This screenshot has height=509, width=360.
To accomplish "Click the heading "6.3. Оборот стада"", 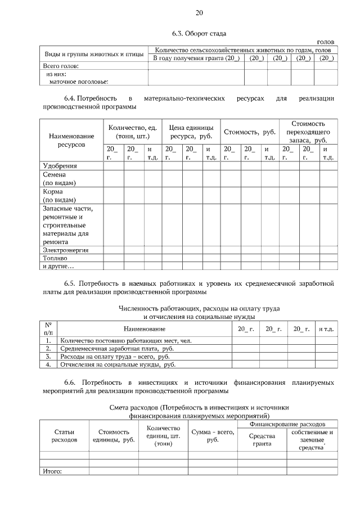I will click(x=199, y=34).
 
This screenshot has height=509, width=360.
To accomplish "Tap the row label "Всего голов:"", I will click(x=60, y=66).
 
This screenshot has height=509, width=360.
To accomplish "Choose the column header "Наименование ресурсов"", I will click(x=71, y=140).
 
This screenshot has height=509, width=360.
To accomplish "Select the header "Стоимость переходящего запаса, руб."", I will click(x=307, y=132).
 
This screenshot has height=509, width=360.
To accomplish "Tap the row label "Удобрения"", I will click(x=60, y=166).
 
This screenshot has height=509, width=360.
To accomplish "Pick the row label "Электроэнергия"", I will click(x=66, y=250).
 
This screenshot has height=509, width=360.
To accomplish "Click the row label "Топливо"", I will click(x=55, y=258).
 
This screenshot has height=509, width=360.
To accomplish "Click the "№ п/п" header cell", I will click(x=48, y=328).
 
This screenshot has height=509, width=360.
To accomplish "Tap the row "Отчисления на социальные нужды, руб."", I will click(x=118, y=364).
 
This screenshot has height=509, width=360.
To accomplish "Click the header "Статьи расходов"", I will click(x=64, y=436).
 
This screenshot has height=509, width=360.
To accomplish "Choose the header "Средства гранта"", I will click(x=262, y=440).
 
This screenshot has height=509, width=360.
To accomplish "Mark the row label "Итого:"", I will click(x=52, y=471).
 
